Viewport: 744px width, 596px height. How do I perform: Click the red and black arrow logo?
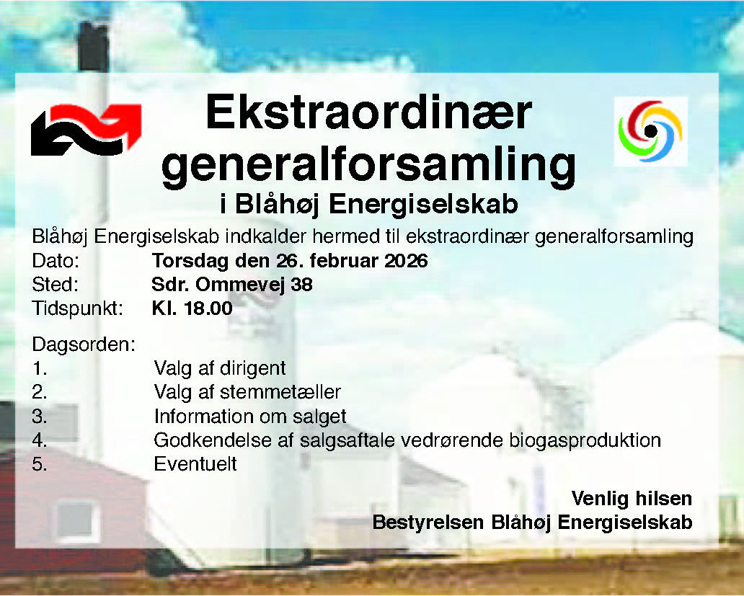tap(86, 129)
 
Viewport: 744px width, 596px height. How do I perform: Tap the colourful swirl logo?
tap(650, 130)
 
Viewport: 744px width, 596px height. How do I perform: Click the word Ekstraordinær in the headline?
tap(368, 114)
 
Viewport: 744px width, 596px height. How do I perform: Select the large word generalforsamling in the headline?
tap(368, 165)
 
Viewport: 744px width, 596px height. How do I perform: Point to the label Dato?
tap(56, 260)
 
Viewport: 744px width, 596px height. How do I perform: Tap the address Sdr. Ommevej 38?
tap(232, 285)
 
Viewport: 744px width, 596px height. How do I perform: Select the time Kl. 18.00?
tap(192, 309)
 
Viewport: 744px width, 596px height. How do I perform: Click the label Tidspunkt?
tap(78, 309)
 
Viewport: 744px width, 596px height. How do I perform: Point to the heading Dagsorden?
tap(84, 344)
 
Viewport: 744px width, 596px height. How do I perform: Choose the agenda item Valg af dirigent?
tap(220, 368)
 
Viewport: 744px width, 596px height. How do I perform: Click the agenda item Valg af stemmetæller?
tap(247, 393)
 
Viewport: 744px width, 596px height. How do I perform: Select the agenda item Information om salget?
tap(250, 417)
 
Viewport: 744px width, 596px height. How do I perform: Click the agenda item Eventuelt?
tap(195, 464)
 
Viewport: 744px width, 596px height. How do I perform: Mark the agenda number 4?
tap(40, 440)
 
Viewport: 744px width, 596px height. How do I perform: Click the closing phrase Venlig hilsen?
tap(632, 498)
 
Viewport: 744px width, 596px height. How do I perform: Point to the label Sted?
tap(55, 285)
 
